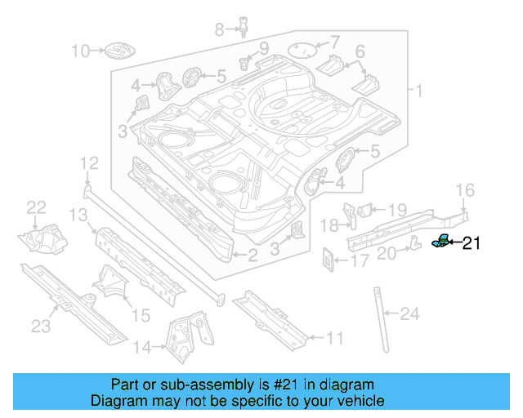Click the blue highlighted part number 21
pos(440,240)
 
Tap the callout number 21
pos(474,242)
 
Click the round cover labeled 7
pos(303,48)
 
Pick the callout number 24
pos(409,313)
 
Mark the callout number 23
pos(41,327)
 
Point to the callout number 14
pos(142,347)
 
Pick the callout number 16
pos(464,190)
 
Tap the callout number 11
pos(334,337)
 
